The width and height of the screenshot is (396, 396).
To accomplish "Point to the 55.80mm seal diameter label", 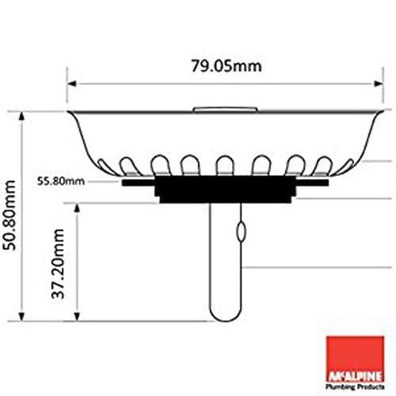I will tap(60, 181).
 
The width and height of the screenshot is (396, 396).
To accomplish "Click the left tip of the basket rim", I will tap(68, 112).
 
